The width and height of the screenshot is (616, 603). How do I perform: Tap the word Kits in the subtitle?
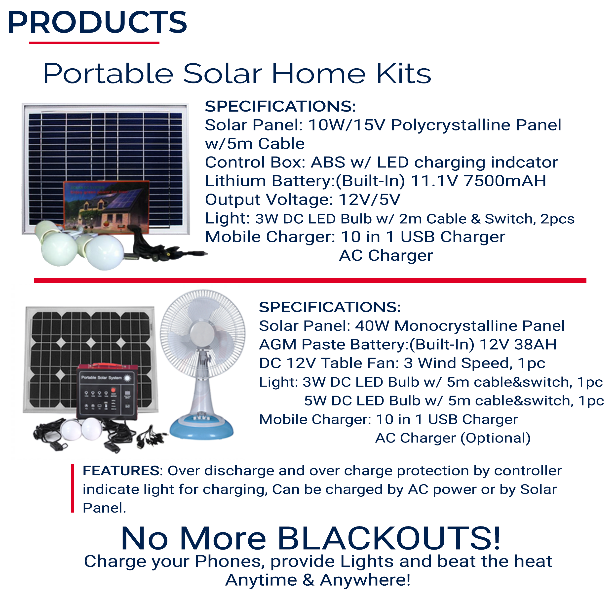pyautogui.click(x=404, y=74)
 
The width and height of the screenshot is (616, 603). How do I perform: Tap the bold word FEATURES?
pyautogui.click(x=121, y=471)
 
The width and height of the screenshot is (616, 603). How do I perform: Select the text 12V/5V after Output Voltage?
pyautogui.click(x=369, y=200)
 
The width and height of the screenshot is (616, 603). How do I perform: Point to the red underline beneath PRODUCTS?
pyautogui.click(x=94, y=42)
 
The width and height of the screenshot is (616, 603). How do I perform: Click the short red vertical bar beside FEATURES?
pyautogui.click(x=73, y=488)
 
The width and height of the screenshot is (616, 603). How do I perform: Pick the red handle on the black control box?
pyautogui.click(x=108, y=365)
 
